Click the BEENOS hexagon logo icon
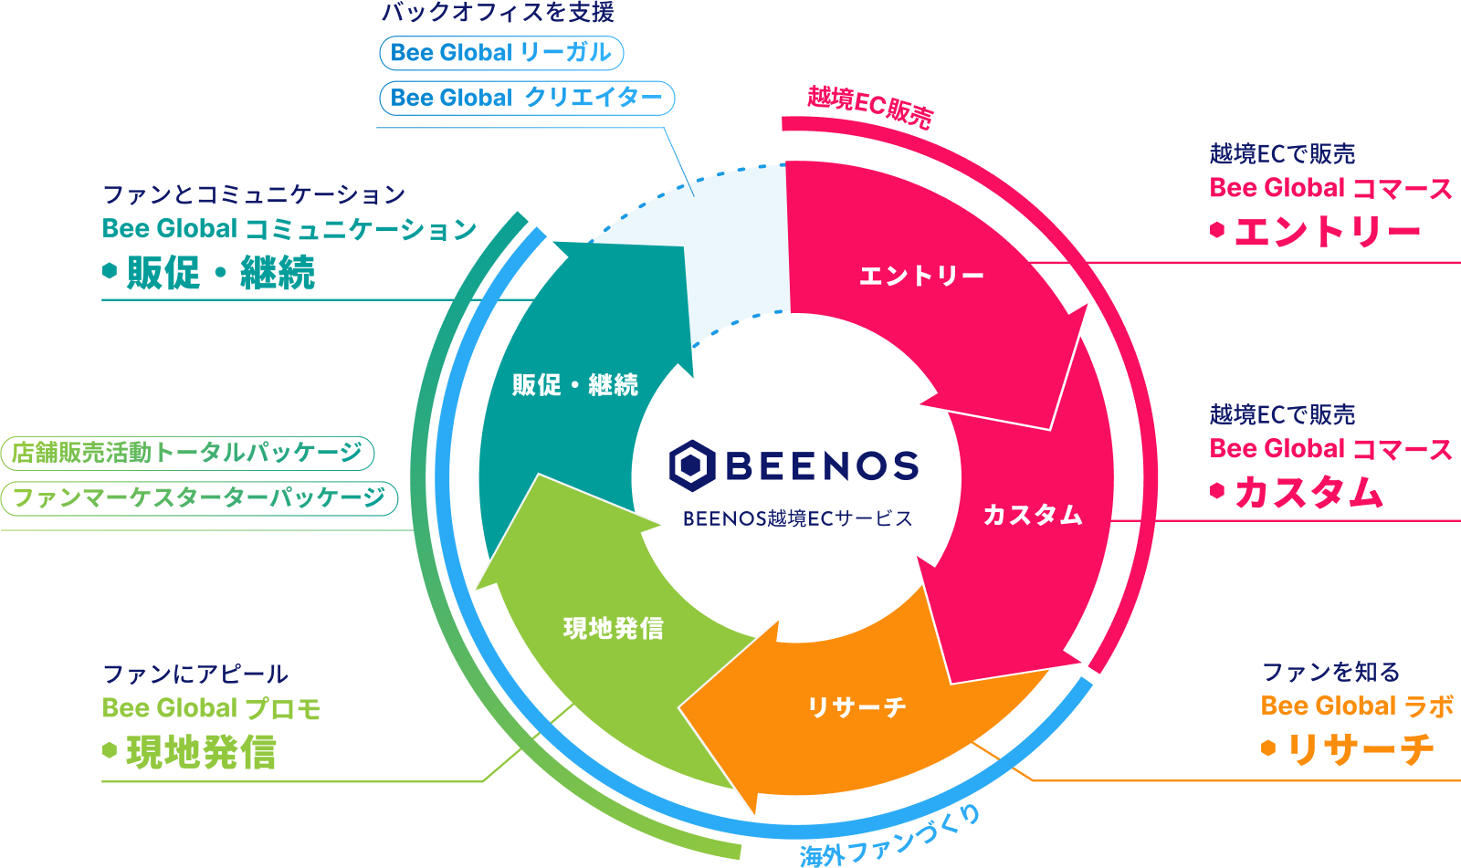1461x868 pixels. [692, 465]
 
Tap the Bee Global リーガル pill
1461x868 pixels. [501, 53]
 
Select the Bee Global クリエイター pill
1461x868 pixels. [527, 98]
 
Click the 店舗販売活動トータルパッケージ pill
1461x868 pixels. [188, 453]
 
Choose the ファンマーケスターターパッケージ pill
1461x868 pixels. [199, 498]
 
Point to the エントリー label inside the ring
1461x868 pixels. [921, 276]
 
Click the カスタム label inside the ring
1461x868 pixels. [1033, 516]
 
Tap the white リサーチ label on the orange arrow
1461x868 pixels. [857, 707]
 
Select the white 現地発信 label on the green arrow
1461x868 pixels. [614, 629]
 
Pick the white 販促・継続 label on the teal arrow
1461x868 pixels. [575, 385]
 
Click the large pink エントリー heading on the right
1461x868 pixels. [1328, 232]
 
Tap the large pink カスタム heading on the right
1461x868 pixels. [1309, 493]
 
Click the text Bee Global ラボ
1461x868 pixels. [1357, 706]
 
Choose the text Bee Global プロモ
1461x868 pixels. [211, 708]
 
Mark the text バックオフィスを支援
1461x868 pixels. [498, 13]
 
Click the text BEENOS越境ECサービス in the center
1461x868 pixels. [797, 518]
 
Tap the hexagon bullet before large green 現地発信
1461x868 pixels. [110, 751]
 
